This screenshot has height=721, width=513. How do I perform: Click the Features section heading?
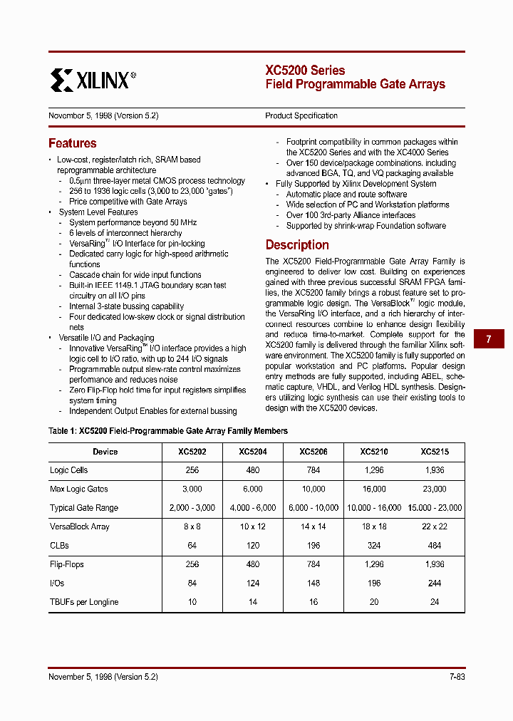(72, 143)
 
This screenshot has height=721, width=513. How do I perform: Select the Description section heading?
(297, 245)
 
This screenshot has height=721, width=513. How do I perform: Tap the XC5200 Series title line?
(305, 71)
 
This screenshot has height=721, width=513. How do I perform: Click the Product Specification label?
(301, 115)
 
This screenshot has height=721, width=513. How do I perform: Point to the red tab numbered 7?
(488, 339)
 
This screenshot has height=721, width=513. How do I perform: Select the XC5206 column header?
(313, 452)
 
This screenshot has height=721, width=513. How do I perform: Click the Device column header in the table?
(105, 452)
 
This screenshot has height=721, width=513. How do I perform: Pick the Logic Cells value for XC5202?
(192, 470)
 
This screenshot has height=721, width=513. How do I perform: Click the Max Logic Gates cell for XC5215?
(434, 489)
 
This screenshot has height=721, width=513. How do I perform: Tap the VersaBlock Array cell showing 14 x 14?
(313, 527)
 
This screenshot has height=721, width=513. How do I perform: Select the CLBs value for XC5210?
(373, 546)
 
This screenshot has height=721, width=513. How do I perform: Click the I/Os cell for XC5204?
(252, 583)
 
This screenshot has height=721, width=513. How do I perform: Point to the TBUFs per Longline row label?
(84, 602)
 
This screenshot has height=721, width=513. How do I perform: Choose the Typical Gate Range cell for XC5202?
(192, 508)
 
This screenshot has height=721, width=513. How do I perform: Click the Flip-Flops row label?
(67, 564)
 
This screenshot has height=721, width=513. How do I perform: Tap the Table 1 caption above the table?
(168, 431)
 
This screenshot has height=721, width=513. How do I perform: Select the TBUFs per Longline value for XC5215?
(434, 602)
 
